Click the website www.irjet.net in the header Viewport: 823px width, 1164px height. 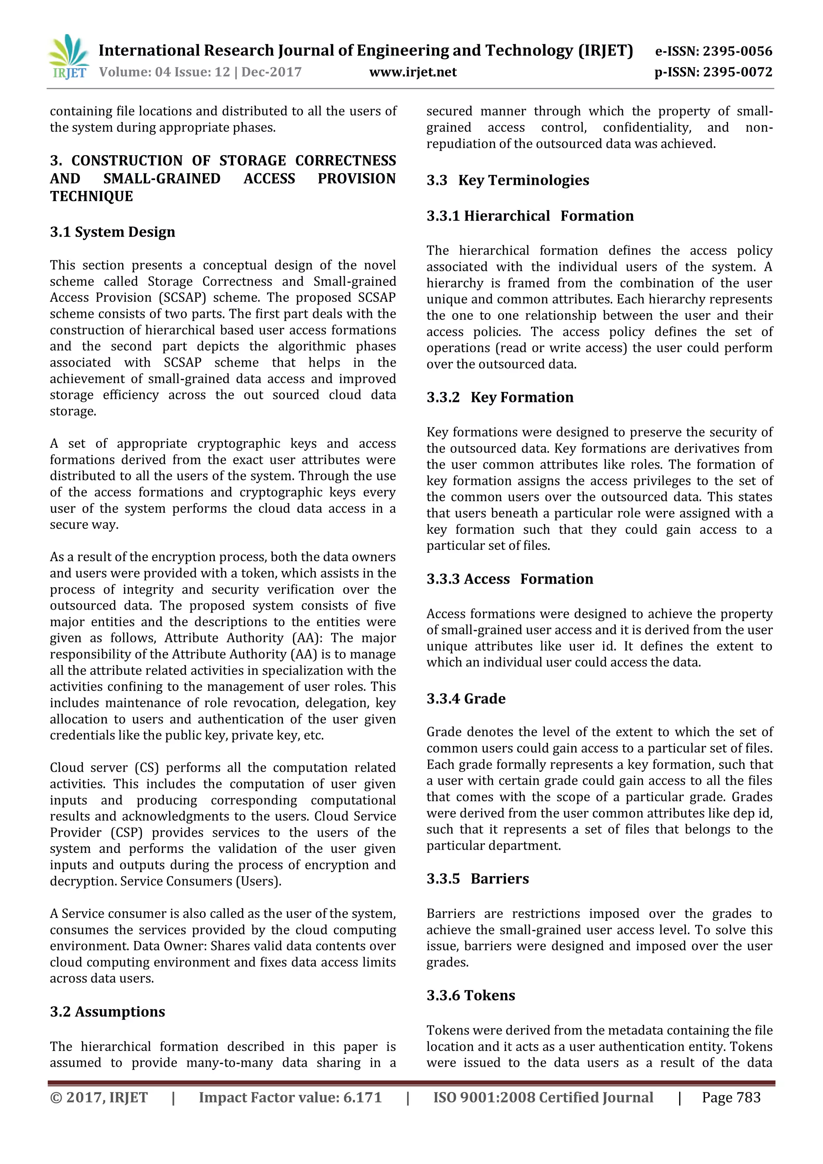413,72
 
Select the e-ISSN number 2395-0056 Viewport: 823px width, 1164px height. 737,51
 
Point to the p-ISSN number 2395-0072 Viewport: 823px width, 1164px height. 737,72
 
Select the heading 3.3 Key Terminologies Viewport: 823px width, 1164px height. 508,180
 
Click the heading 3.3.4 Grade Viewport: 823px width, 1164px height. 466,698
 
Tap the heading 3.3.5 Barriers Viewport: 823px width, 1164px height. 477,878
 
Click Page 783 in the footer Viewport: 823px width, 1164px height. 731,1097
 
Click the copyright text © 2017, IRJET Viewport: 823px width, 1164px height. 99,1097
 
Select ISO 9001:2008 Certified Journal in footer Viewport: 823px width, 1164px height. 543,1097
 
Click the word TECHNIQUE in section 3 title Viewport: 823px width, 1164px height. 91,196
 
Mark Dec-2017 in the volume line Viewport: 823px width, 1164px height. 271,72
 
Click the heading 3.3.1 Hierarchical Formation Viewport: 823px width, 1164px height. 530,215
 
